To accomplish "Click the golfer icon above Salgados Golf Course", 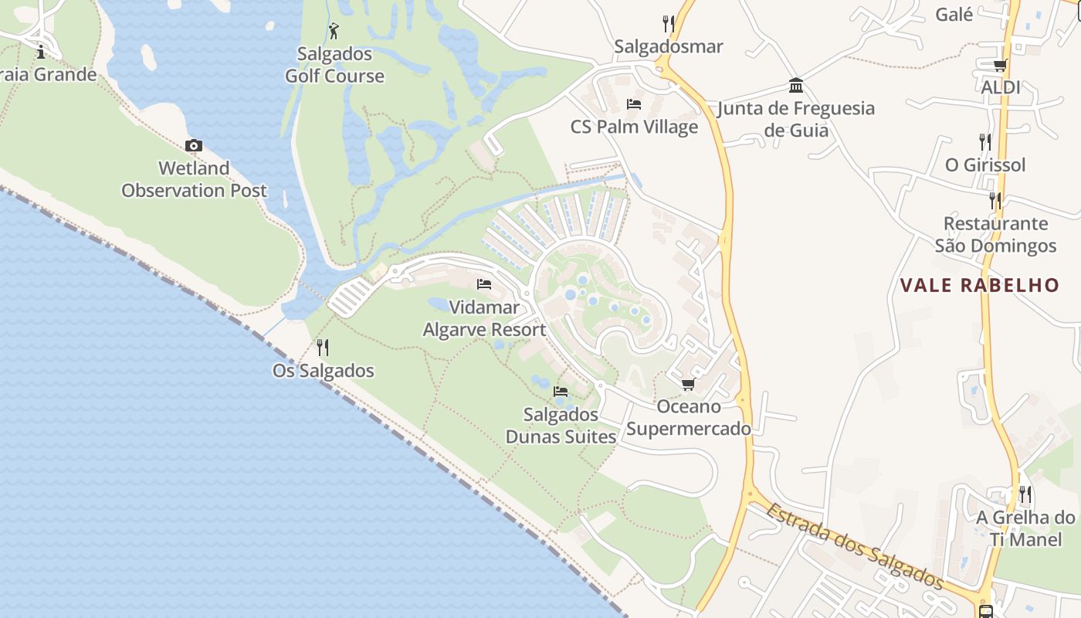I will point(334,31).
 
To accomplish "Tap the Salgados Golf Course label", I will point(334,65).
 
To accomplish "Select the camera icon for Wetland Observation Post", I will point(194,145).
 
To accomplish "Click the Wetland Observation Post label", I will point(195,179).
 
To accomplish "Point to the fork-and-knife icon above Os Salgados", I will point(323,348).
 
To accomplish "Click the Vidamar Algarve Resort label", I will point(484,318).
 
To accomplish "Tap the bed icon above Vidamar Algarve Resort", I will point(484,284).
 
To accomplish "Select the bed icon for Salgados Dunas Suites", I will point(561,392).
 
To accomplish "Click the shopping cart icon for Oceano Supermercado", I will point(688,384).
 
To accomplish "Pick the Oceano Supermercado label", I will point(688,417).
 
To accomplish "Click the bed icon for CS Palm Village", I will point(634,104).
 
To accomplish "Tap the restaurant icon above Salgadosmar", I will point(669,24).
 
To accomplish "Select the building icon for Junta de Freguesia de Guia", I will point(796,85).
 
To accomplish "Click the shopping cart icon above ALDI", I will point(1000,65).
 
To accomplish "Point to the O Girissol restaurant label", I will point(985,165).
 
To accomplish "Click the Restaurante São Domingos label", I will point(995,235).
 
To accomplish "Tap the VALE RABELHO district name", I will point(979,285).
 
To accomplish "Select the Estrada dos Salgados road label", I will point(855,545).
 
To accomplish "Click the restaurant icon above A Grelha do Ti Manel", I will point(1025,494).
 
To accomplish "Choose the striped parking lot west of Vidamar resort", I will point(351,297).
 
